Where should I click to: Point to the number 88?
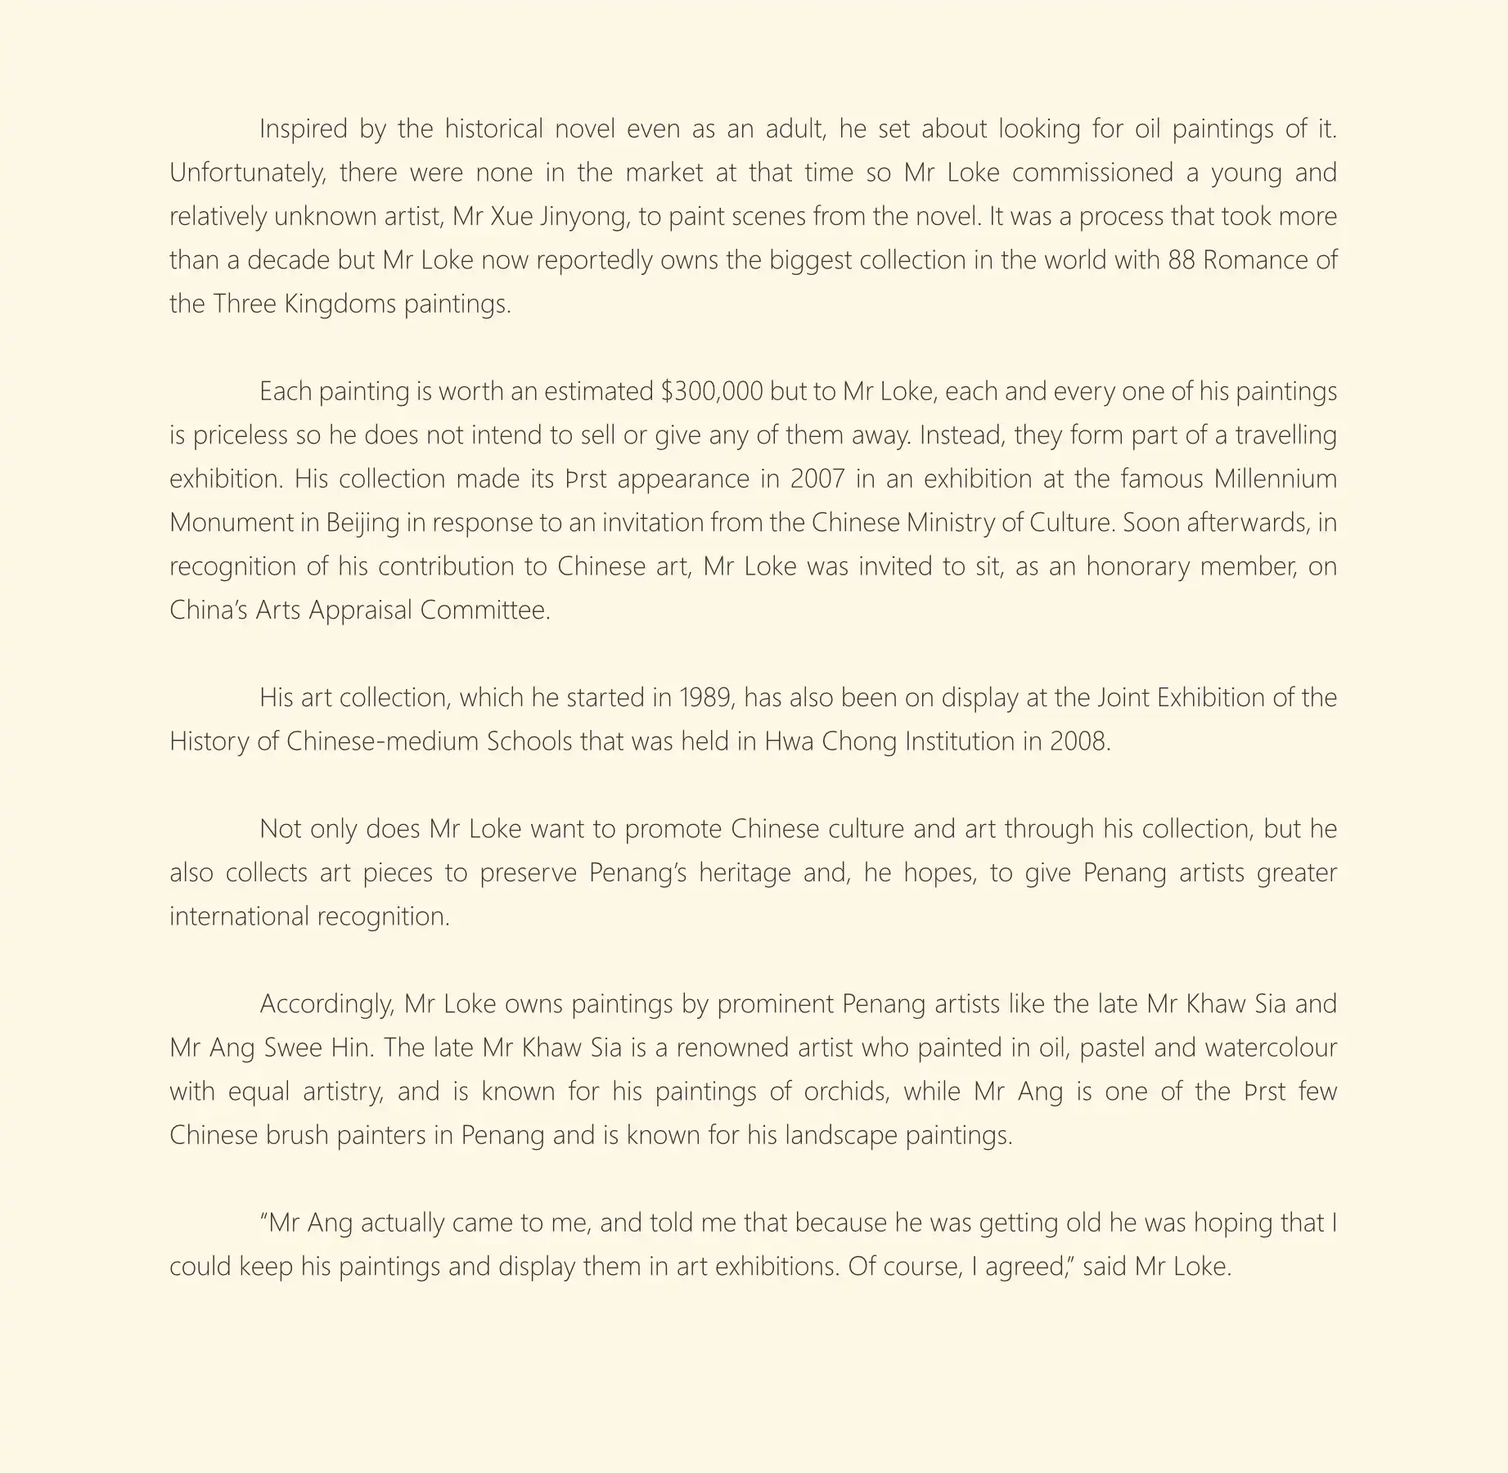tap(1184, 260)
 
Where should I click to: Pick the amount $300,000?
tap(712, 392)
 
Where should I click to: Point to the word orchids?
tap(846, 1092)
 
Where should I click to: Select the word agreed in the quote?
tap(1030, 1268)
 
